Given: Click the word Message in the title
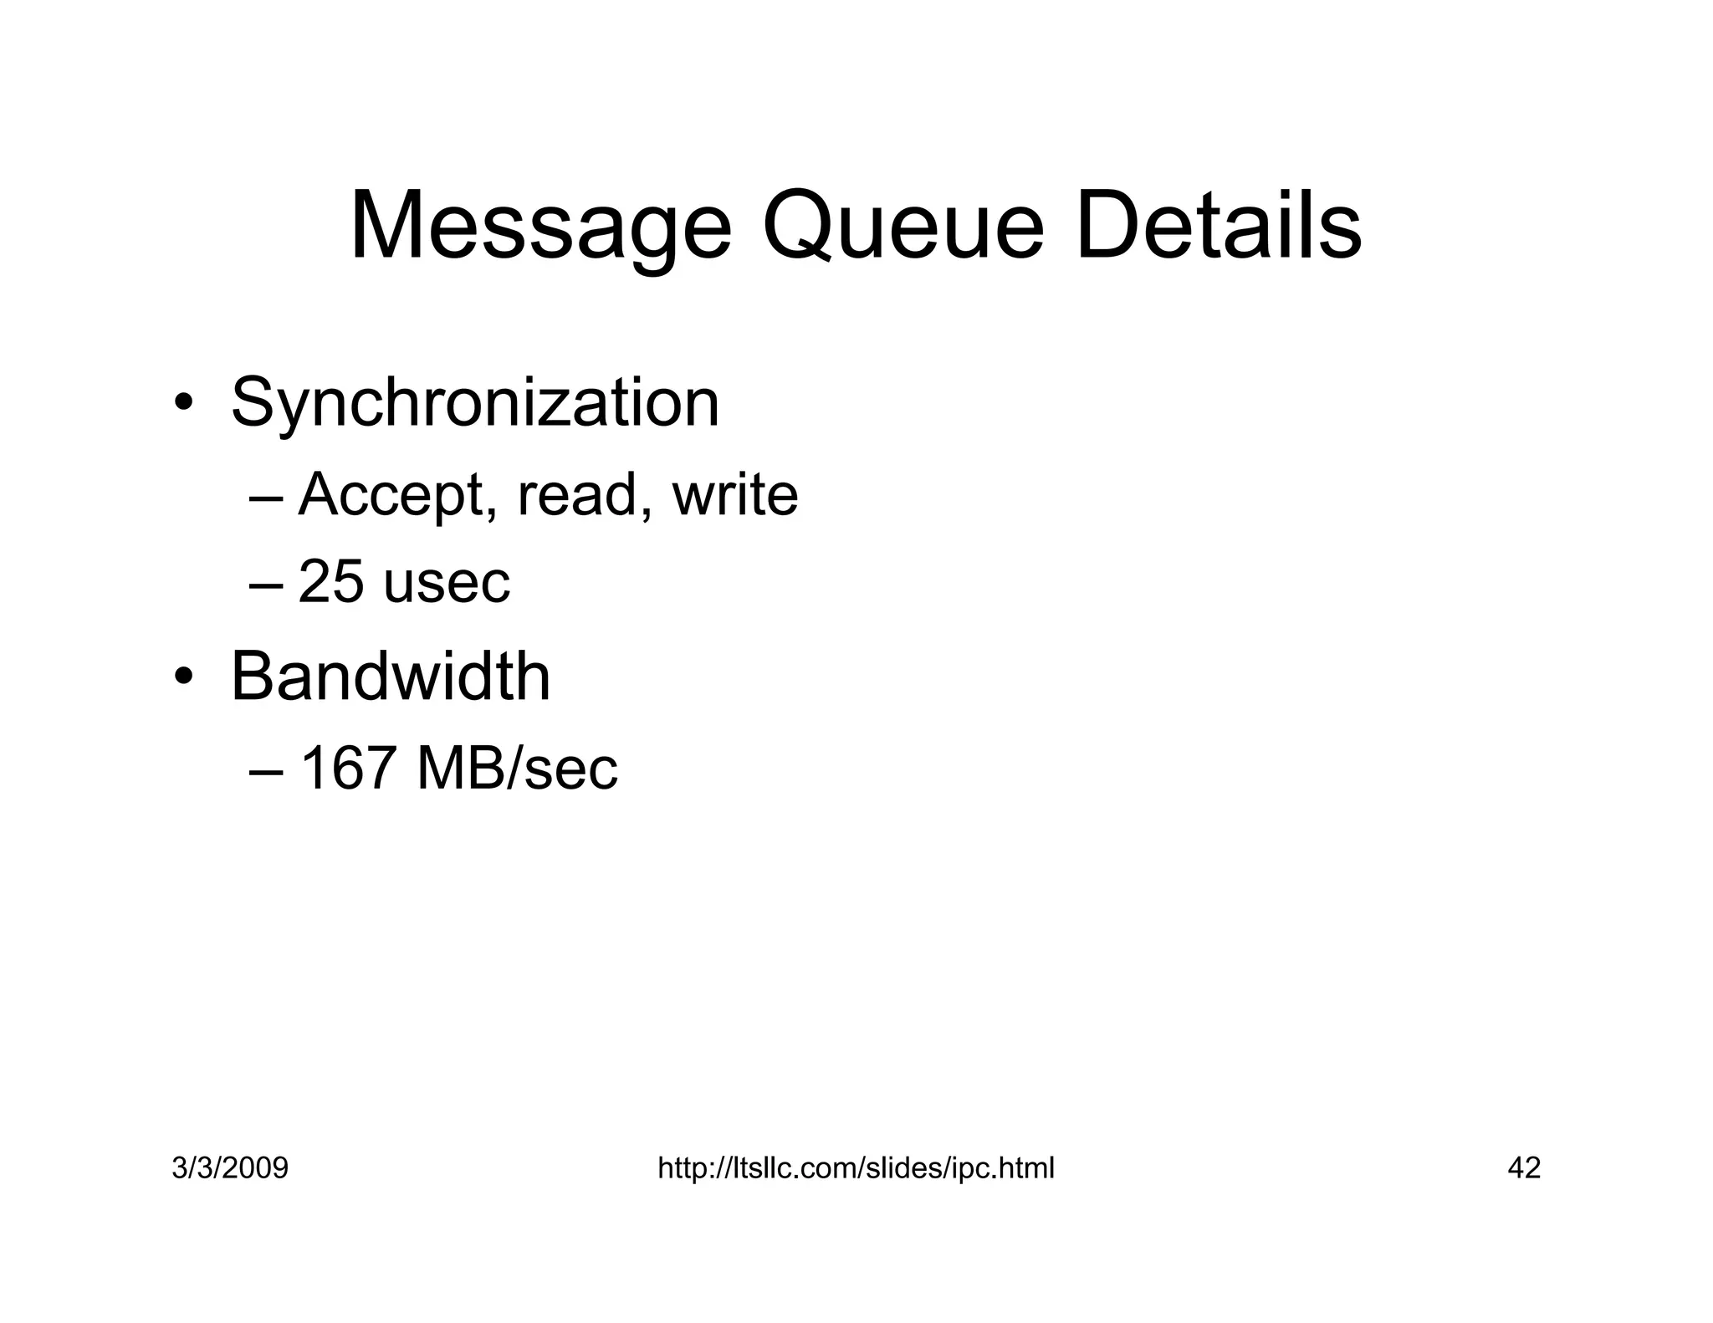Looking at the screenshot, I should (540, 228).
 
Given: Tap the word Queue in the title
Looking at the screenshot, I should (903, 228).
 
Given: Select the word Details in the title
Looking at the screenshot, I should (1220, 228).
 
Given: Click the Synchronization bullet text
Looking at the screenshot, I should (474, 404).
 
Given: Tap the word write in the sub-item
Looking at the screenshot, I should (735, 495).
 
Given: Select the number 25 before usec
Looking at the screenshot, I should (331, 582).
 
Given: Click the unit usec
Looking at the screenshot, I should (447, 584).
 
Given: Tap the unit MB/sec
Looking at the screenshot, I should (517, 769).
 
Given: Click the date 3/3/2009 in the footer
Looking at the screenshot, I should (230, 1167).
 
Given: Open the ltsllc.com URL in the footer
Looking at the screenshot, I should (856, 1167).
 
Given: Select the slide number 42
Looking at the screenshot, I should (1524, 1167).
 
